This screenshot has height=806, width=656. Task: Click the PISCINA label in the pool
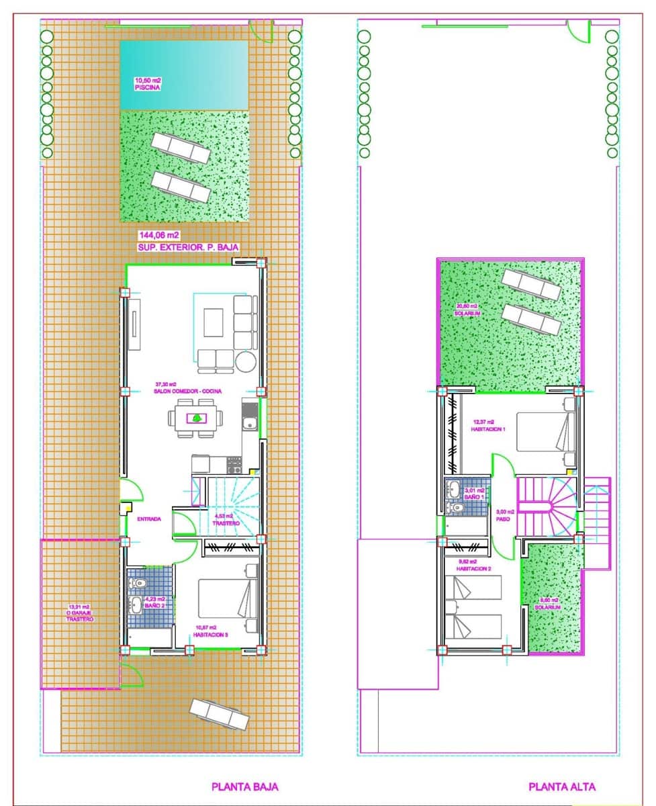pyautogui.click(x=147, y=87)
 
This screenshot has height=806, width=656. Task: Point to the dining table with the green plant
pyautogui.click(x=196, y=418)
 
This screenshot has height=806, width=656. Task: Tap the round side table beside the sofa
pyautogui.click(x=245, y=362)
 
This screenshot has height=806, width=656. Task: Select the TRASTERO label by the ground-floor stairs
pyautogui.click(x=226, y=523)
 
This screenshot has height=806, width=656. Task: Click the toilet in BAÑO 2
pyautogui.click(x=140, y=584)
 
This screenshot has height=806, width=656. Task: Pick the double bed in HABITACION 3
pyautogui.click(x=228, y=597)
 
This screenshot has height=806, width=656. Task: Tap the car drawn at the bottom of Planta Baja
pyautogui.click(x=219, y=713)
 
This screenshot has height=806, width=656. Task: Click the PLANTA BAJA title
pyautogui.click(x=244, y=787)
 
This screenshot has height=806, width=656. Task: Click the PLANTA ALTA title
pyautogui.click(x=561, y=787)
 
